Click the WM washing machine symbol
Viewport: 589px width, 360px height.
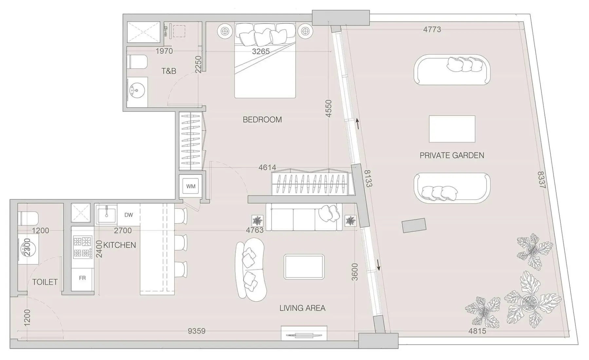[191, 186]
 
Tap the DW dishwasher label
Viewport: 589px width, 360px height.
[129, 215]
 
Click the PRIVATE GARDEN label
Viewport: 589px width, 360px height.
[452, 155]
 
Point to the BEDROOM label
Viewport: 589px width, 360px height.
[262, 119]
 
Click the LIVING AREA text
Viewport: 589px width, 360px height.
[302, 308]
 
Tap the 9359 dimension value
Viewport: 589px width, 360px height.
[196, 331]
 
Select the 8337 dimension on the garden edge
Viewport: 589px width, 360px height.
[542, 180]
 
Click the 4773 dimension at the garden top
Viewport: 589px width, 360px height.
[432, 29]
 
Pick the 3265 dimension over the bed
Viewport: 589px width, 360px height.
[261, 51]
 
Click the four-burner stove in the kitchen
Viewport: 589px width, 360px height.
[83, 247]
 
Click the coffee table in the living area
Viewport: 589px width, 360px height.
[304, 267]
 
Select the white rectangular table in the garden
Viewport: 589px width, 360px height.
[452, 129]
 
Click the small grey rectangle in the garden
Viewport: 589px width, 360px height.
[414, 225]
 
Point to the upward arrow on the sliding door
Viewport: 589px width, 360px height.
[358, 124]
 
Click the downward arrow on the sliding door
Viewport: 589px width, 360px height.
[378, 265]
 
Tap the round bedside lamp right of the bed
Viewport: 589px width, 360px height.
[305, 31]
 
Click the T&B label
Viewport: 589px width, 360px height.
[169, 71]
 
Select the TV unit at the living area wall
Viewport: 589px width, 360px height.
[304, 333]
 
